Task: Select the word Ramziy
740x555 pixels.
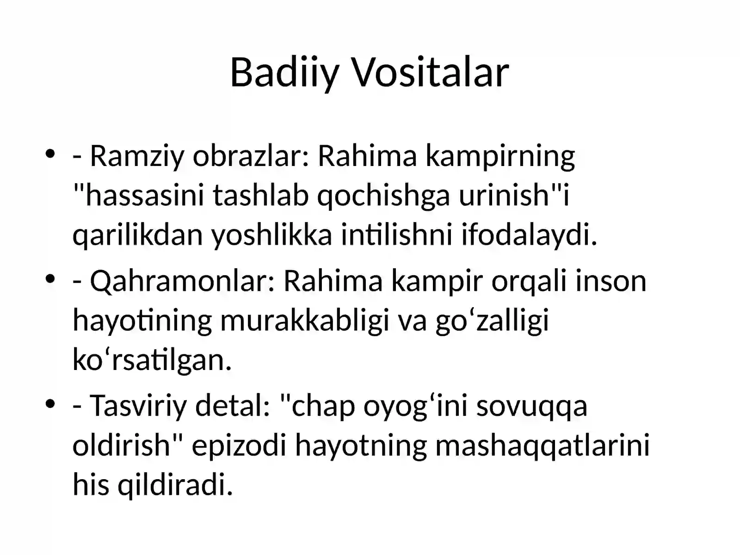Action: pyautogui.click(x=137, y=157)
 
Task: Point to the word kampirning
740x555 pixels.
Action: pyautogui.click(x=500, y=157)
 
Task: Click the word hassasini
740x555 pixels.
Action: pyautogui.click(x=145, y=196)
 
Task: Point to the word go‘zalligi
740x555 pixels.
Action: pyautogui.click(x=492, y=321)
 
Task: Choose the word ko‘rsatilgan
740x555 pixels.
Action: pyautogui.click(x=152, y=359)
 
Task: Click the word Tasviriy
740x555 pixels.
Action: pyautogui.click(x=138, y=407)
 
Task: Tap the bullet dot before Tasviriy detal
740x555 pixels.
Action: pyautogui.click(x=50, y=403)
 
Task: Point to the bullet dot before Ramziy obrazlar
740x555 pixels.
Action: pyautogui.click(x=50, y=154)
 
